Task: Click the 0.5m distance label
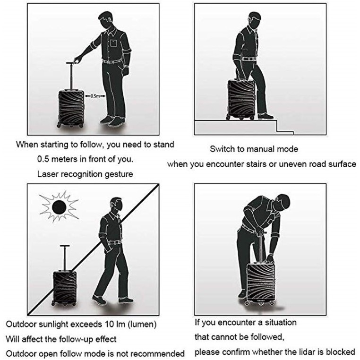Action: pos(95,96)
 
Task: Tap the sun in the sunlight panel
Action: pos(59,206)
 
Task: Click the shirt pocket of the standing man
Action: pos(114,43)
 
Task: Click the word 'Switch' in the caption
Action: pos(222,149)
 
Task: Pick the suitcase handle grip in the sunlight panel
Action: pos(65,246)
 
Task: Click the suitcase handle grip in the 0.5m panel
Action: pos(72,62)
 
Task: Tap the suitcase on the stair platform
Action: pos(241,100)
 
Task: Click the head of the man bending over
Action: pos(283,202)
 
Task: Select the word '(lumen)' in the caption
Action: pos(142,325)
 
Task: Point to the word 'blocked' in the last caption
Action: pos(341,352)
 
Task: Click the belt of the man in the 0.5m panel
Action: pos(112,61)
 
